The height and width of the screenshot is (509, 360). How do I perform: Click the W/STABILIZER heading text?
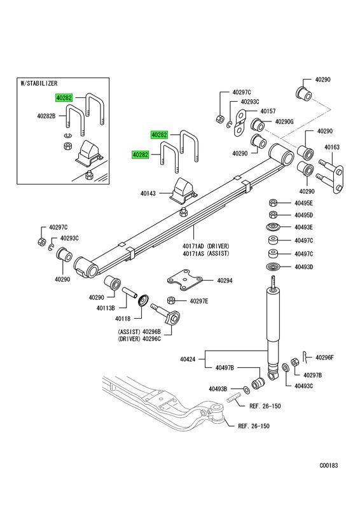tap(39, 83)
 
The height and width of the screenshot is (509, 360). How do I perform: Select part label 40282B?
tap(46, 116)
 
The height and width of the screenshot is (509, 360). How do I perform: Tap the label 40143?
tap(148, 193)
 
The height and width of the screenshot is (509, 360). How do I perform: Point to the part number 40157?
tap(268, 111)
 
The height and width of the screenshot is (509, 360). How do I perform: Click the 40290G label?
tap(284, 122)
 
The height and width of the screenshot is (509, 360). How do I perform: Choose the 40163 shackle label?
tap(332, 147)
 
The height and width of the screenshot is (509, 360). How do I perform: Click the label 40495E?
tap(303, 203)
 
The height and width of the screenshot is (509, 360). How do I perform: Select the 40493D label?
tap(303, 267)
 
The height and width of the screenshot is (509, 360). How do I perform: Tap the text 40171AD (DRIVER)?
tap(206, 246)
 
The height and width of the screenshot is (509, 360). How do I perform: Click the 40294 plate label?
tap(225, 281)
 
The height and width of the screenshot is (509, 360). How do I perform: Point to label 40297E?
tap(199, 301)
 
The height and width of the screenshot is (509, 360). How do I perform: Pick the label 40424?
tap(188, 359)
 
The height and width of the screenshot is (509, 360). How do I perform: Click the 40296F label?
tap(324, 358)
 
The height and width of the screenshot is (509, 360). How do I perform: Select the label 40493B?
tap(218, 389)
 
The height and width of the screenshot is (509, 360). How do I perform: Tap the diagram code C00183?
tap(328, 466)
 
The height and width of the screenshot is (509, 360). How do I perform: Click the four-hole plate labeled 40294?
tap(184, 279)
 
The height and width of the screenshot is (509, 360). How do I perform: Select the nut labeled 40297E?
tap(171, 300)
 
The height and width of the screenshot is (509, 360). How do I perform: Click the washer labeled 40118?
tap(143, 300)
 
